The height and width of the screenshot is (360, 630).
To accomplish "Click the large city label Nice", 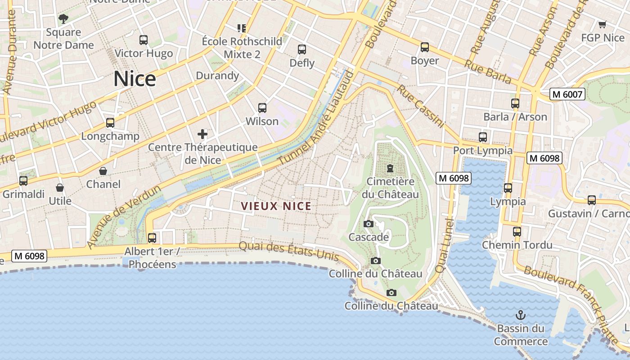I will point(135,79).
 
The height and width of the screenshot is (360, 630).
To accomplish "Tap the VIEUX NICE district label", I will point(276,206).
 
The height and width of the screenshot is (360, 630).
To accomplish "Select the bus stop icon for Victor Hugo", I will point(144,40).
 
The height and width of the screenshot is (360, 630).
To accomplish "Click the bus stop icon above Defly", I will point(302,49).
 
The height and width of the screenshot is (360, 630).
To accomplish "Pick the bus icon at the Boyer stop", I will point(424,47).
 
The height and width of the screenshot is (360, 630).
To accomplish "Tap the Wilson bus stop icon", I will point(262,108).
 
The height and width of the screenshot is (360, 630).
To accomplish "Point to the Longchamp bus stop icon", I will point(110,123).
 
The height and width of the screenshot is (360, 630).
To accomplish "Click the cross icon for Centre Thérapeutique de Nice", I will point(202,134).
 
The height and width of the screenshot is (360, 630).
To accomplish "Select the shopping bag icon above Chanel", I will point(103,171).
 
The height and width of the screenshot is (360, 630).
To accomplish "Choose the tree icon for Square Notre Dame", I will point(63,19).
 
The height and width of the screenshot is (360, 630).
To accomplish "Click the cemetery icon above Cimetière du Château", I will point(390,168).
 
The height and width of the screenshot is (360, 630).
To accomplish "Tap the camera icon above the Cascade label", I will point(369,224).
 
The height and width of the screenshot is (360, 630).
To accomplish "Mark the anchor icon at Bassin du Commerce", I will point(521,315).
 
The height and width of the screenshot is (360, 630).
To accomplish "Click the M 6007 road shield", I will point(567,94).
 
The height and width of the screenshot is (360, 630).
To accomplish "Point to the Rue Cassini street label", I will point(420,107).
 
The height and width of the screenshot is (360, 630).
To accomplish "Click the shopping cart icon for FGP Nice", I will point(602,24).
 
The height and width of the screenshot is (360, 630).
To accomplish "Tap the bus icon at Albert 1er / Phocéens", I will point(152,238).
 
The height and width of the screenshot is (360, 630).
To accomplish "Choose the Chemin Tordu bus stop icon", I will point(517,232).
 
